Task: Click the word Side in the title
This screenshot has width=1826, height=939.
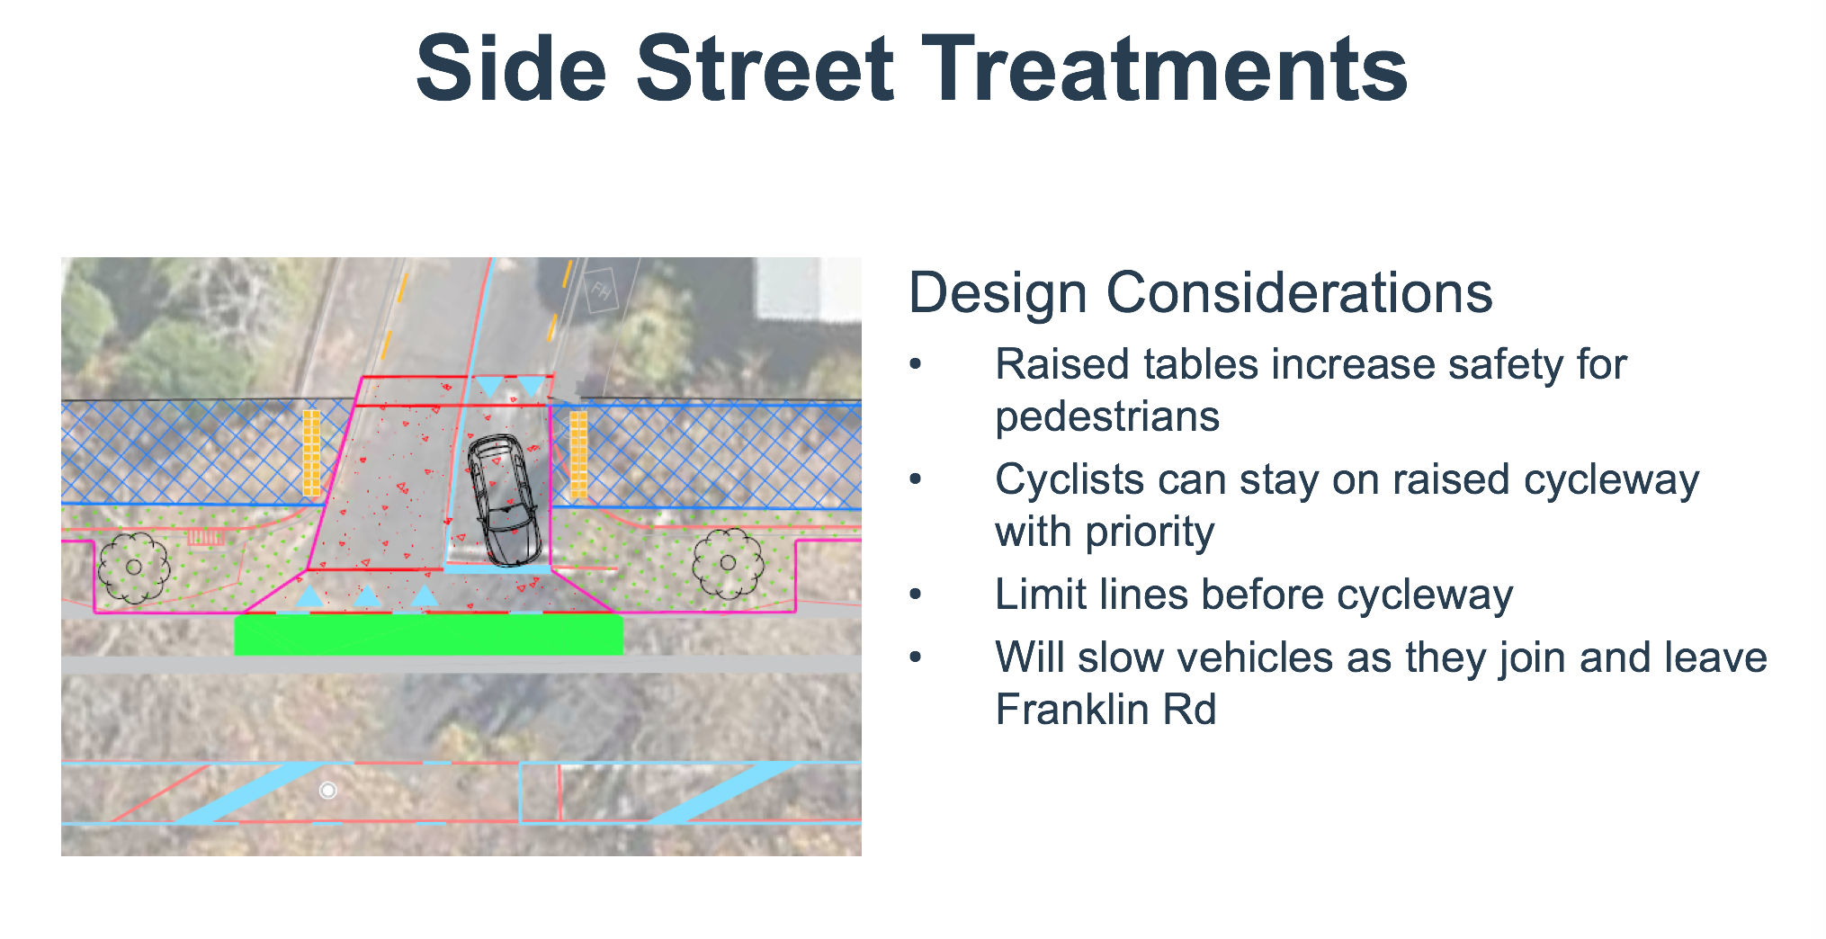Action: [x=512, y=68]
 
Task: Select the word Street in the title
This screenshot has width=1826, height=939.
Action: [x=765, y=68]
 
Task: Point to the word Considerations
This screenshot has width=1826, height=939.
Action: [x=1299, y=292]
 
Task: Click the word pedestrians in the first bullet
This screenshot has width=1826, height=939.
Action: [x=1107, y=416]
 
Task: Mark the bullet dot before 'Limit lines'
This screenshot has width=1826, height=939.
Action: [x=916, y=595]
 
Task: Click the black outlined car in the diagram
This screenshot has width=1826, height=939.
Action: [x=504, y=500]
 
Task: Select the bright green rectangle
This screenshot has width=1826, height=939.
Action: [x=428, y=635]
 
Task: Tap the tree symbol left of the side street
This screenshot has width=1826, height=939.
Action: [x=134, y=567]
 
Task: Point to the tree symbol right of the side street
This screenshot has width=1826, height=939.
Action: [x=728, y=563]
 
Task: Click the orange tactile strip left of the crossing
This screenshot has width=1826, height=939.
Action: [x=311, y=453]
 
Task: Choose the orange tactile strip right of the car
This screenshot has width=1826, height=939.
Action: [x=578, y=455]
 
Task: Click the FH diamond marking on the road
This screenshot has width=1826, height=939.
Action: [x=601, y=290]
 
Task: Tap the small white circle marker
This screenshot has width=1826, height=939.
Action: [x=328, y=790]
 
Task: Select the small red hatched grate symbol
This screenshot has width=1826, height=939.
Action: [x=206, y=537]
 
